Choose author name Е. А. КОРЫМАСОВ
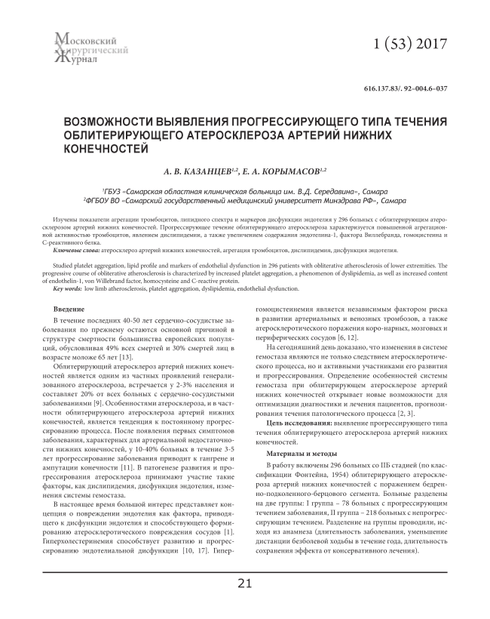click(286, 173)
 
